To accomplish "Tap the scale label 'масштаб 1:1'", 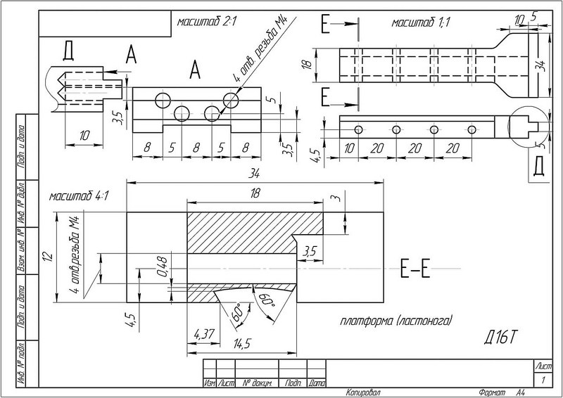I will pyautogui.click(x=421, y=23).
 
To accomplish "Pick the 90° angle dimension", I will pyautogui.click(x=265, y=304).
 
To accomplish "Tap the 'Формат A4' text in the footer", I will pyautogui.click(x=501, y=392).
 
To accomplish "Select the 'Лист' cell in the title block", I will pyautogui.click(x=543, y=367).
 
